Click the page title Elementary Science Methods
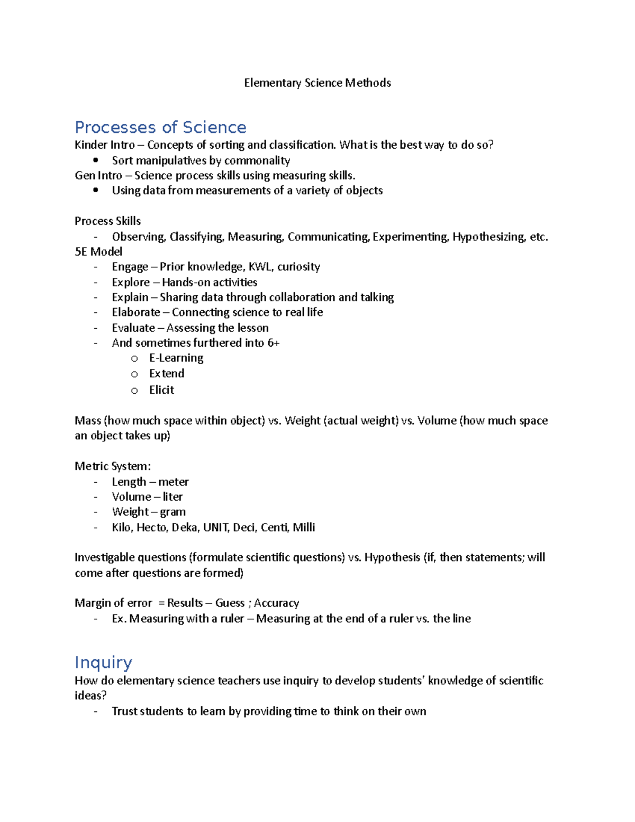tap(317, 83)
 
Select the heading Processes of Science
tap(160, 127)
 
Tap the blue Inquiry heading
tap(103, 662)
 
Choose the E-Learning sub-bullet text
tap(176, 358)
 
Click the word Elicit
tap(161, 390)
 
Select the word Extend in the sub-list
tap(167, 374)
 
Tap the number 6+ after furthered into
tap(273, 343)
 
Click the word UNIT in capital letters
tap(215, 527)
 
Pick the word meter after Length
tap(174, 482)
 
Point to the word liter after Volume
tap(173, 497)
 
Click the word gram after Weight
tap(173, 512)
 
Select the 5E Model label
tap(98, 251)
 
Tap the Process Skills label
tap(107, 221)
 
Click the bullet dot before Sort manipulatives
tap(96, 160)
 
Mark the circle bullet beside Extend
tap(134, 374)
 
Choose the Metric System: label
tap(113, 466)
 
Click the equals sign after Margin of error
tap(161, 603)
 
